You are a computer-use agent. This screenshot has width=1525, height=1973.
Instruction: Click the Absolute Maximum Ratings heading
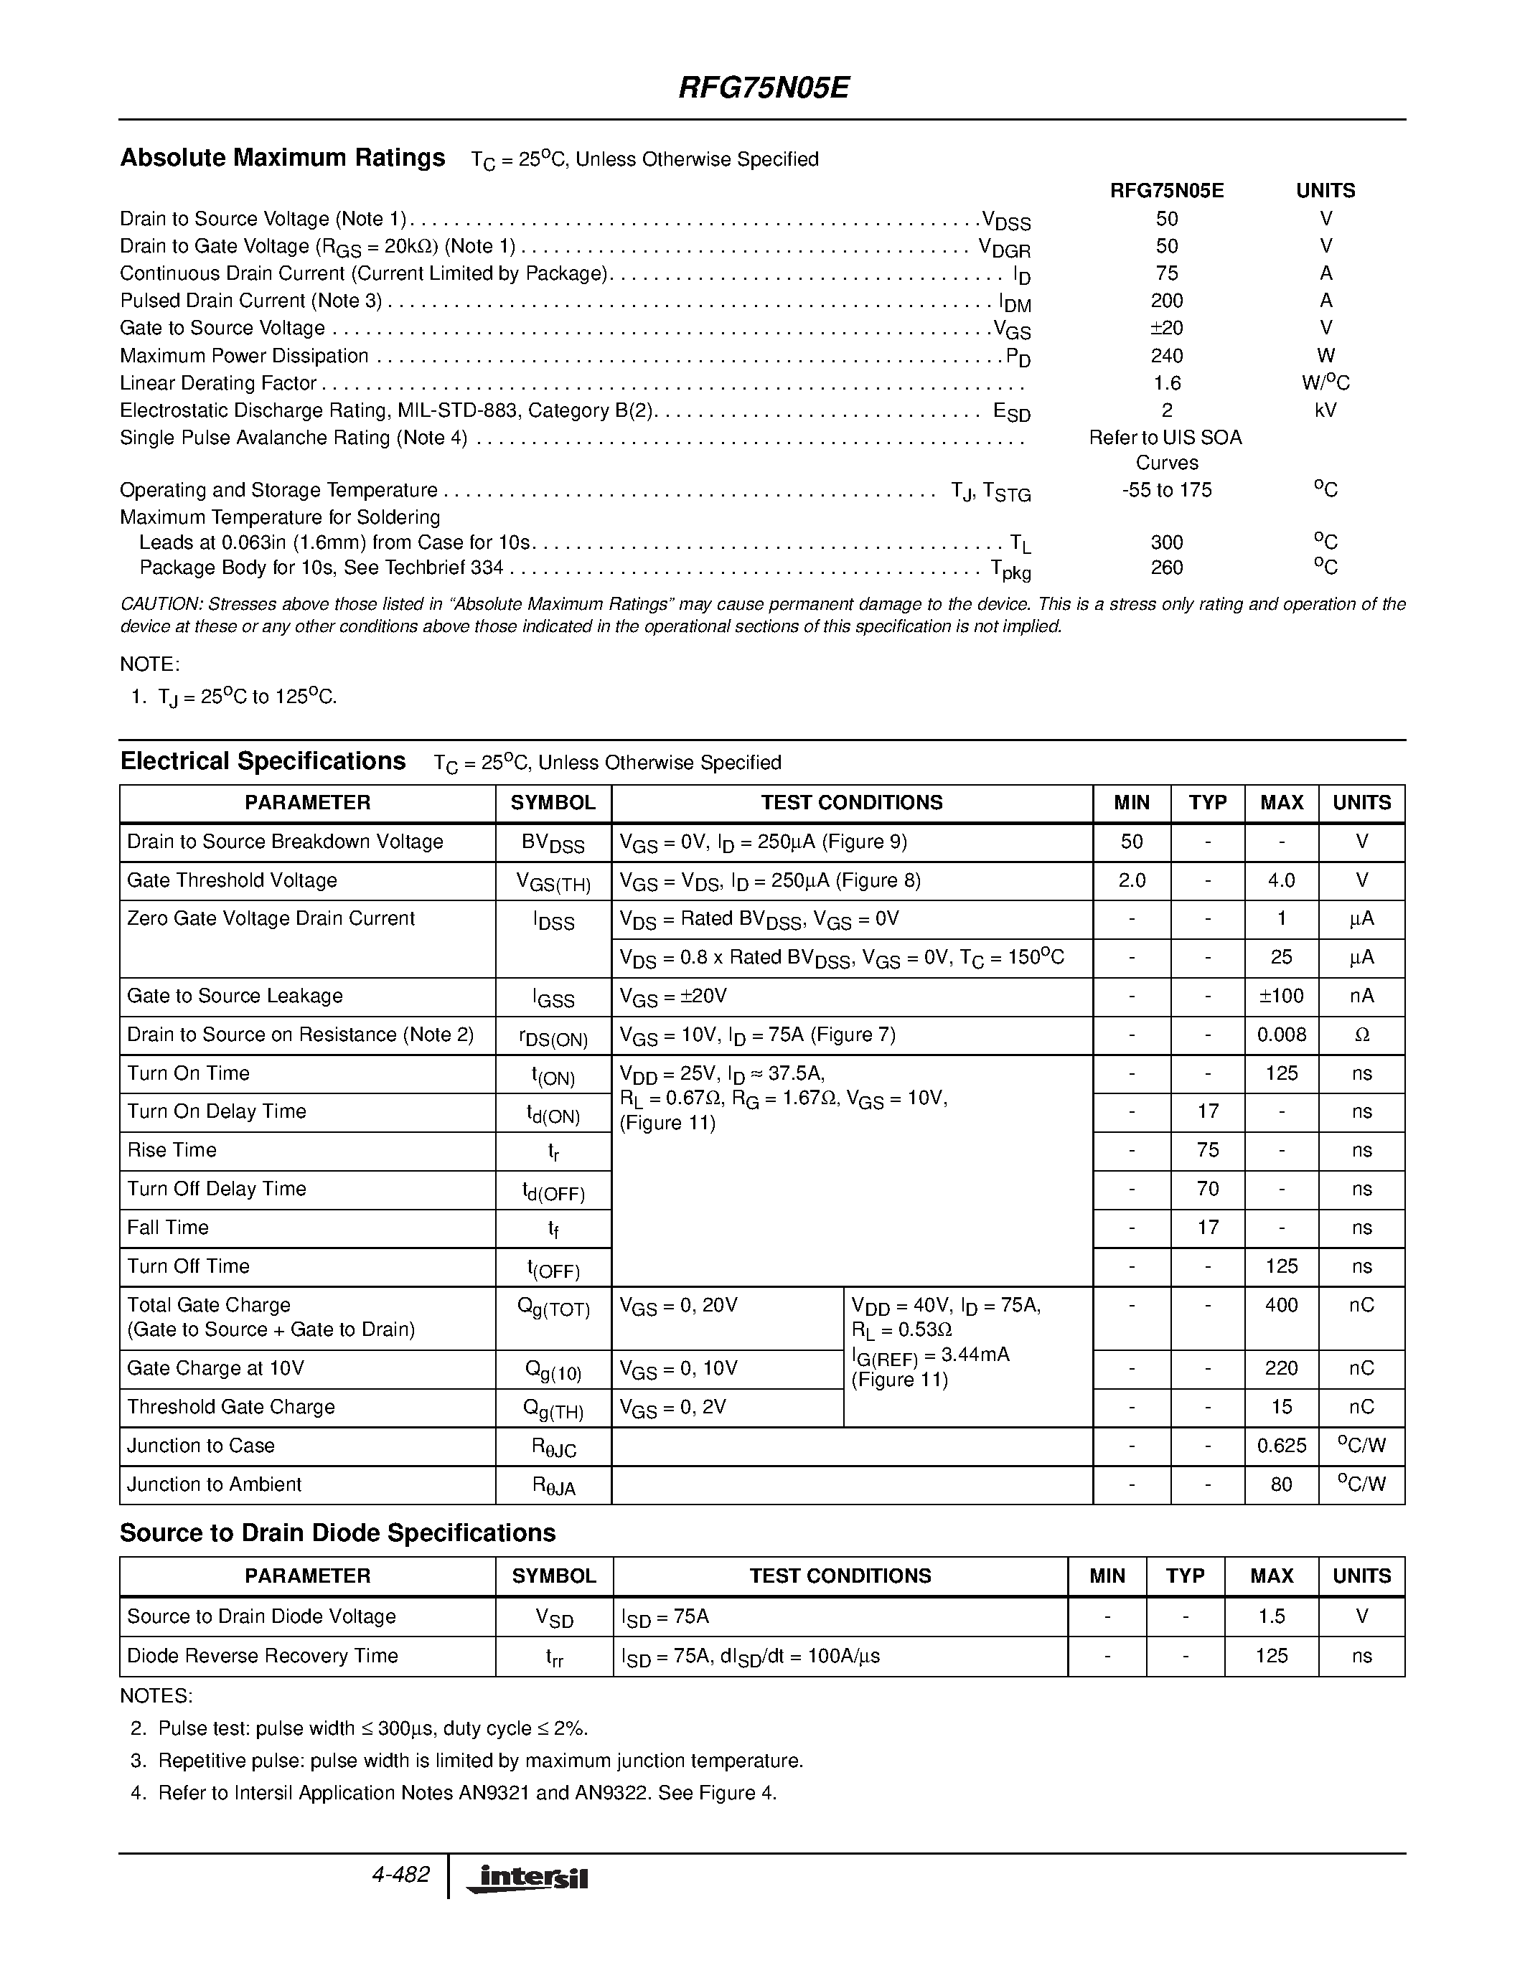click(x=282, y=158)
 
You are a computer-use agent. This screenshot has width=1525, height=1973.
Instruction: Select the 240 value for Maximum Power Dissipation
click(x=1166, y=356)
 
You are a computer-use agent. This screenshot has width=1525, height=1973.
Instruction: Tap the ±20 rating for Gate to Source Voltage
click(x=1166, y=328)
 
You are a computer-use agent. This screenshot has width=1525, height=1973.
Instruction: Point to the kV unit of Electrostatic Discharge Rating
click(x=1325, y=410)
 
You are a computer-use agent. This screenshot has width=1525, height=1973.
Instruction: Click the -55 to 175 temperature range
click(x=1166, y=489)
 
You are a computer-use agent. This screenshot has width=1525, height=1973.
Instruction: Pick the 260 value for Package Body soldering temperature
click(x=1166, y=568)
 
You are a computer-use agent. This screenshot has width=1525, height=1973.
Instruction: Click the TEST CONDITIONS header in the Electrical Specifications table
click(x=851, y=802)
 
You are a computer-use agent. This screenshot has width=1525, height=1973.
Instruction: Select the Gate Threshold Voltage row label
click(x=233, y=880)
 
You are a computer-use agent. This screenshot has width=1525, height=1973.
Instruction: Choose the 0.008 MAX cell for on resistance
click(x=1281, y=1035)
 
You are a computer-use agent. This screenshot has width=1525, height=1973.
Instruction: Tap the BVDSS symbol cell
click(x=553, y=843)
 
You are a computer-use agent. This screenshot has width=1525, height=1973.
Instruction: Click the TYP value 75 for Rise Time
click(x=1207, y=1150)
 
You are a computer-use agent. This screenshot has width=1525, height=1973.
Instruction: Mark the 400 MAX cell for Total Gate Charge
click(x=1281, y=1304)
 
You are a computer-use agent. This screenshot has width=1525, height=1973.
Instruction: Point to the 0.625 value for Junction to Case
click(x=1281, y=1446)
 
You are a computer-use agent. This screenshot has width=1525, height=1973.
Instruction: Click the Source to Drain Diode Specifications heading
click(x=338, y=1533)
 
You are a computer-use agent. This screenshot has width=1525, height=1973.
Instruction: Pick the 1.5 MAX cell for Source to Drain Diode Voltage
click(x=1271, y=1616)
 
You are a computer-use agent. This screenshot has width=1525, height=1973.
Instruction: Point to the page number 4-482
click(x=400, y=1875)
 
